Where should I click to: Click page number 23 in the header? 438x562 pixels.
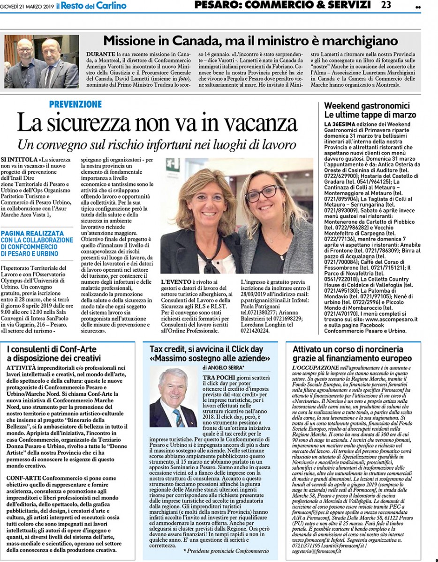pos(386,5)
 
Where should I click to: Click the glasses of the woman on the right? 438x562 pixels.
pos(263,192)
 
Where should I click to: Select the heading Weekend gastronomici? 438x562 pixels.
pos(367,106)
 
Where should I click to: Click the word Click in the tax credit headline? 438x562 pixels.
pos(242,349)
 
